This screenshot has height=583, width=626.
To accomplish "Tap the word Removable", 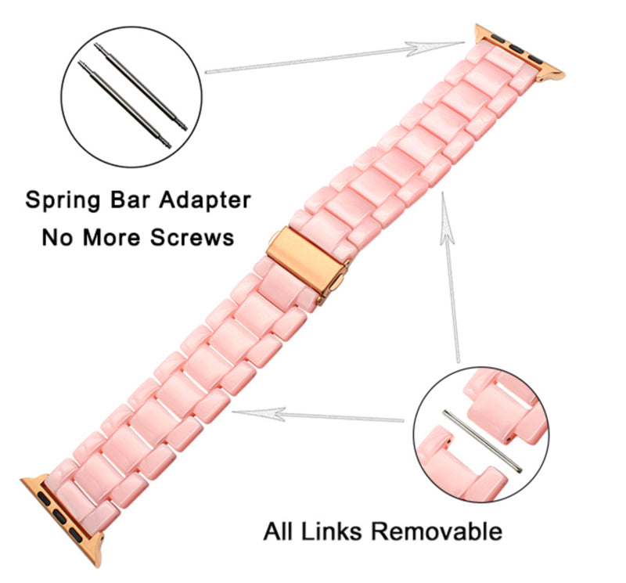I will pos(437,532).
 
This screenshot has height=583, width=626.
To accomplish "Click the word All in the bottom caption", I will pos(279,532).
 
